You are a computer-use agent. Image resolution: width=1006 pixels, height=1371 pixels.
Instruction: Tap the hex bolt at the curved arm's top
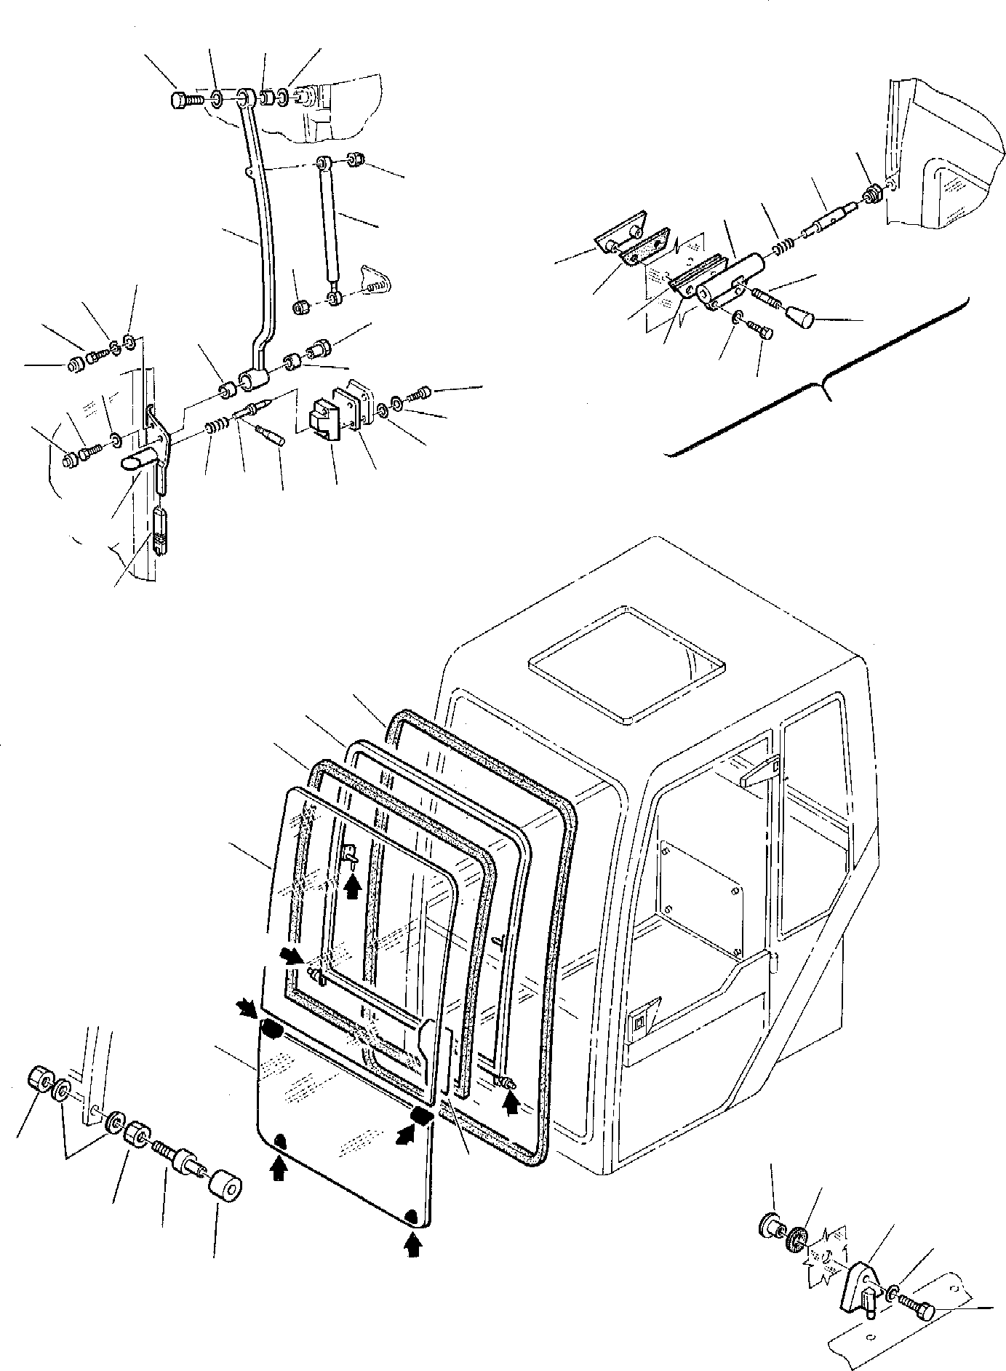[182, 100]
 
